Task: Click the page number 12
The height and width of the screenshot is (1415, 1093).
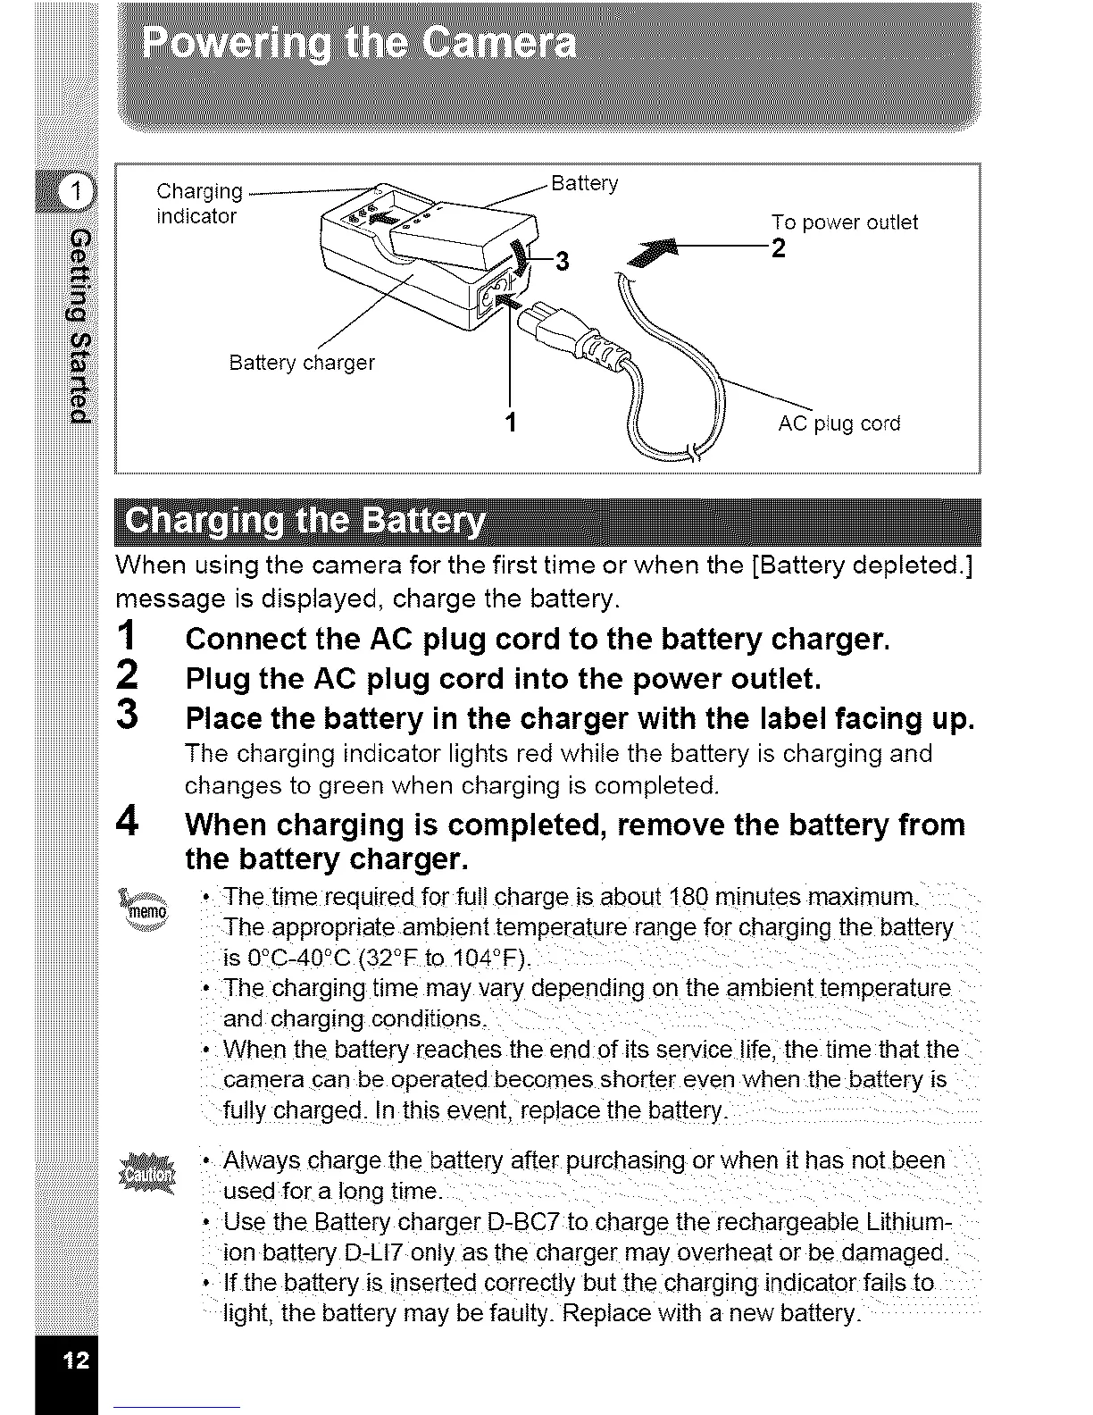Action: [x=74, y=1361]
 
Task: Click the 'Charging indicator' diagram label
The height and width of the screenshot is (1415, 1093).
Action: [x=198, y=204]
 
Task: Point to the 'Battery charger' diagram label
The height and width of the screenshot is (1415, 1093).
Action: [x=302, y=363]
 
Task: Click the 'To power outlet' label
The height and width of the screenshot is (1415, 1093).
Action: [x=844, y=222]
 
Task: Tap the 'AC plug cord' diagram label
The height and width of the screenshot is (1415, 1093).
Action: [x=839, y=423]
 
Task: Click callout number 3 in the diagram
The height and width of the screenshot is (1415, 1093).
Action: [x=562, y=261]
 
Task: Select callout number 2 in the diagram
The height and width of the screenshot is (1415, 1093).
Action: [x=778, y=248]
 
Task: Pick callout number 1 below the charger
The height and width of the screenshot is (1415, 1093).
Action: [x=510, y=421]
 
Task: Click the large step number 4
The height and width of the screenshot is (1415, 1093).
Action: [x=128, y=821]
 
